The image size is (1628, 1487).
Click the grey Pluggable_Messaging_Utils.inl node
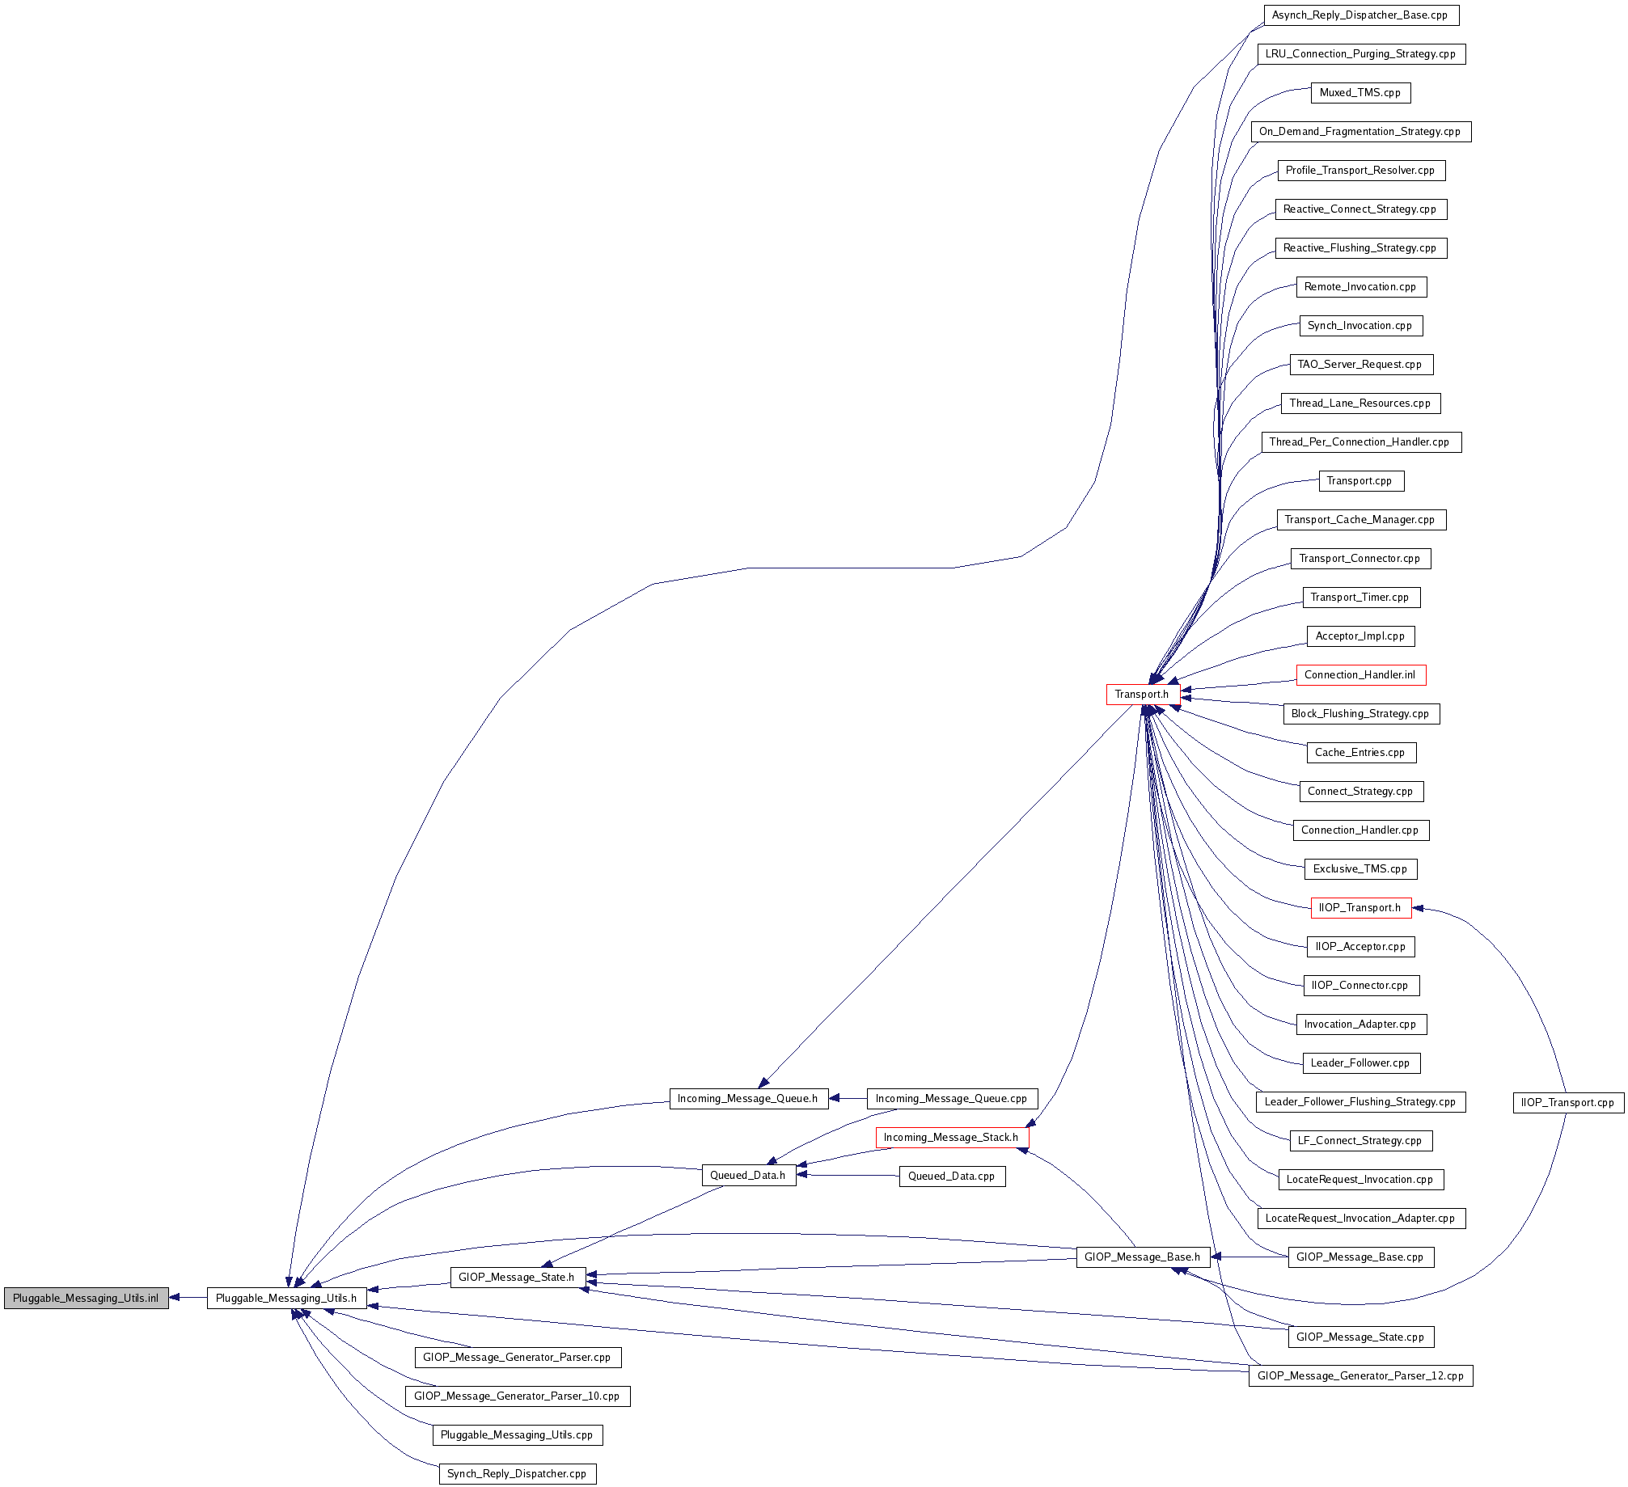coord(87,1298)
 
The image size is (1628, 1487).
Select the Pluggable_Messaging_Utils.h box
coord(286,1298)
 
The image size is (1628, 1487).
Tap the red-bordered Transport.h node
coord(1142,694)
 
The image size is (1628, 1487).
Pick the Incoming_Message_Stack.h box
coord(951,1137)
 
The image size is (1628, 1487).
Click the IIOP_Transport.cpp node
coord(1567,1102)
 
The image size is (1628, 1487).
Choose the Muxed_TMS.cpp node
coord(1360,93)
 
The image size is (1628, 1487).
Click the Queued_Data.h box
coord(748,1176)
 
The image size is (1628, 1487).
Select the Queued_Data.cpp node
coord(952,1176)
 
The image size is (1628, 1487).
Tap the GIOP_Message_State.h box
coord(517,1278)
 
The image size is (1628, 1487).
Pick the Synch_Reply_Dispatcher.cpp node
coord(517,1473)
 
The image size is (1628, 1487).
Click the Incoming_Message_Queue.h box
coord(748,1098)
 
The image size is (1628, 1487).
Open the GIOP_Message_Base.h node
coord(1143,1257)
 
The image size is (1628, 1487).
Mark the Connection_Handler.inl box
coord(1360,675)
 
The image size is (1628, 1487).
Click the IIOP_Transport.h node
coord(1360,908)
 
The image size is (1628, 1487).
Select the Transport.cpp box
coord(1360,481)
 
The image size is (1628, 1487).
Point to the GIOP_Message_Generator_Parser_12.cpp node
coord(1360,1375)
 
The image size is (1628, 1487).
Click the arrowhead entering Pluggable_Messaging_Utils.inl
coord(175,1298)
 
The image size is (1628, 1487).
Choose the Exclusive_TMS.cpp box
coord(1360,869)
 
